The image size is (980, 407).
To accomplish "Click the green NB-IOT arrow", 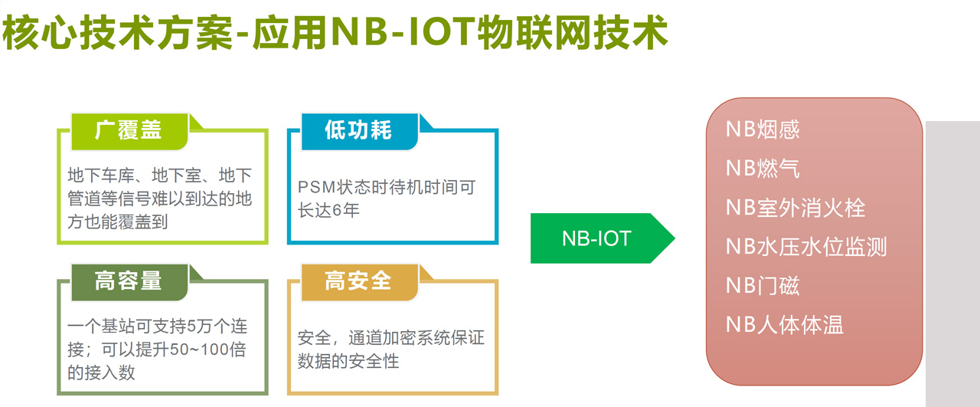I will (597, 238).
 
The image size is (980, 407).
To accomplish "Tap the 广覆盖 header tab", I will (129, 131).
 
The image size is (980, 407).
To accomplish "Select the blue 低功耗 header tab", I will (358, 131).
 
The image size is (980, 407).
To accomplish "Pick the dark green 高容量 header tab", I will (129, 281).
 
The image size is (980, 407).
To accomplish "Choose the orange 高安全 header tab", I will (358, 281).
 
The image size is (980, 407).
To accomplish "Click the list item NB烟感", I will (763, 129).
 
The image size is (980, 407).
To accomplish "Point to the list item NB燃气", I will (763, 169).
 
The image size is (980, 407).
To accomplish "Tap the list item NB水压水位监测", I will (806, 247).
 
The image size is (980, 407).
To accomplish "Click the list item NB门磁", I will (763, 286).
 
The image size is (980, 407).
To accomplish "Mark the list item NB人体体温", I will (785, 325).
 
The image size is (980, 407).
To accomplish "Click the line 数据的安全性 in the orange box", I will (348, 360).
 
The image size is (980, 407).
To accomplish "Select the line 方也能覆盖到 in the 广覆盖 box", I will (117, 222).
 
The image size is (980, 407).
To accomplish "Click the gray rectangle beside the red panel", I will (952, 261).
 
